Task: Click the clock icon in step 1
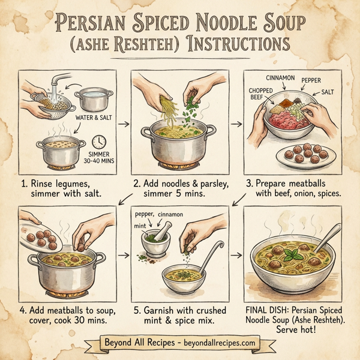98,140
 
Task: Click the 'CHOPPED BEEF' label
260,95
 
